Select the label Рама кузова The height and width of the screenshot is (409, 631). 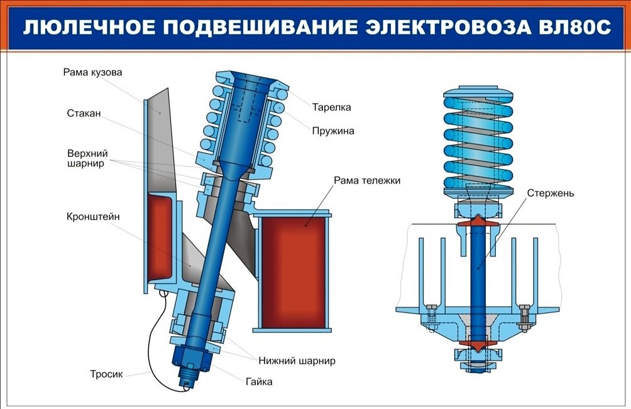pos(92,72)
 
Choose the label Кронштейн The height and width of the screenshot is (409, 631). pos(93,217)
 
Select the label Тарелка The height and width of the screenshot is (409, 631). pos(331,107)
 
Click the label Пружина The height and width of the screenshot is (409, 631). pos(333,131)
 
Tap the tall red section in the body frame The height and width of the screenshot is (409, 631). pos(159,237)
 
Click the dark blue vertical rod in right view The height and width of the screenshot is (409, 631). pos(478,276)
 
